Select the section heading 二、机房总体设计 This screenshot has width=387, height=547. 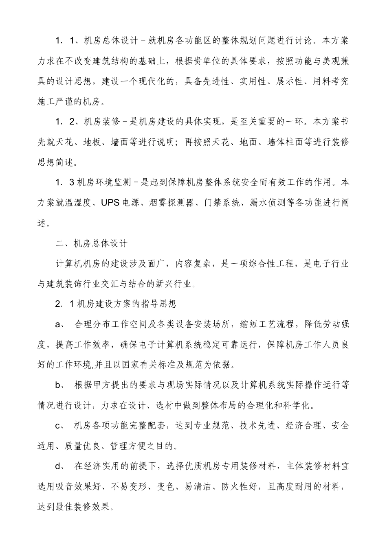click(x=92, y=244)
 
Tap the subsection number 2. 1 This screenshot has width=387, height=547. click(x=65, y=304)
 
